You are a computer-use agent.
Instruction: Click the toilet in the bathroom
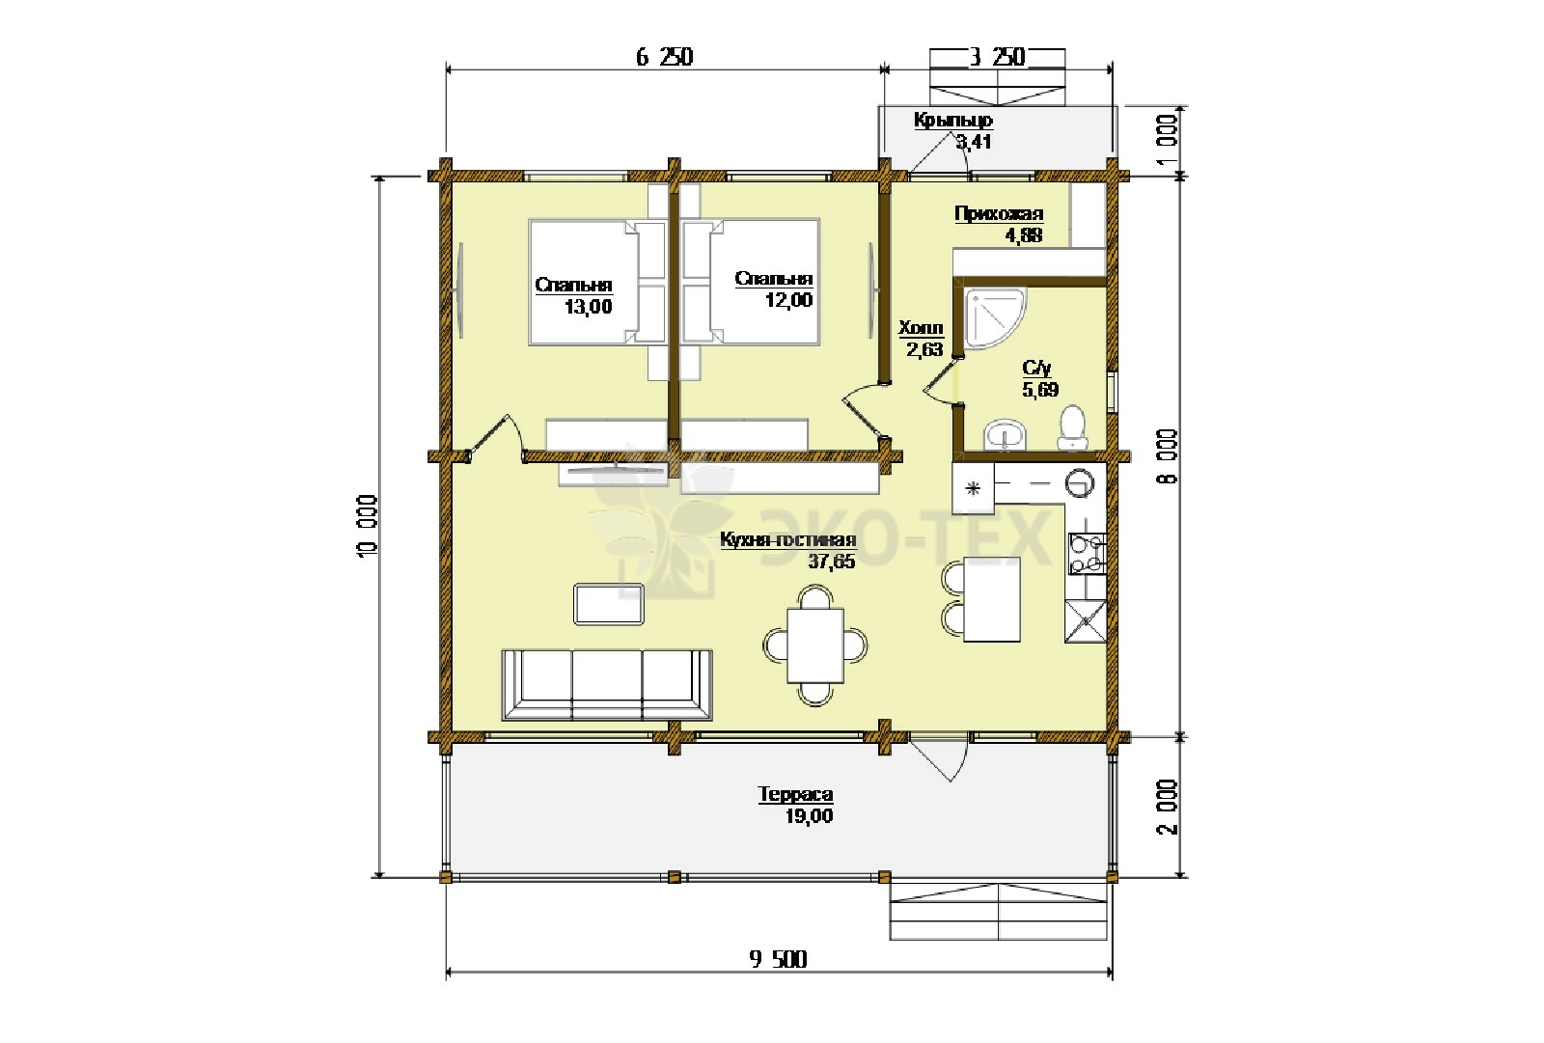[1072, 427]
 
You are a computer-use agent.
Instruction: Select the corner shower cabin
[995, 317]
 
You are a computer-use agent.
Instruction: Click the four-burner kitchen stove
[1087, 554]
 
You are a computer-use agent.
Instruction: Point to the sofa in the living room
[607, 684]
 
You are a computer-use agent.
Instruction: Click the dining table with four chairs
[815, 645]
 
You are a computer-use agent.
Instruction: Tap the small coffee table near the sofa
[609, 604]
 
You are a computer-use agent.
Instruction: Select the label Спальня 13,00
[573, 296]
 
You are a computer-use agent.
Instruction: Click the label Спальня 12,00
[774, 288]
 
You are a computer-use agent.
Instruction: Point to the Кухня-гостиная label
[787, 539]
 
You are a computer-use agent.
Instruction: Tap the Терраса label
[795, 794]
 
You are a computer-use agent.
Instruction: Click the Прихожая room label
[999, 213]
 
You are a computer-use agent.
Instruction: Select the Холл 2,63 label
[921, 339]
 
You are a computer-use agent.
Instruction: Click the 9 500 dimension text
[778, 959]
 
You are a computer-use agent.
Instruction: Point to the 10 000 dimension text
[368, 526]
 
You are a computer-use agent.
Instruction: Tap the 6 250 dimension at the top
[665, 57]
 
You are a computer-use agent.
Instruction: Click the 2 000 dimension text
[1167, 807]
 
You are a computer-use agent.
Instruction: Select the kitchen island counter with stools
[980, 599]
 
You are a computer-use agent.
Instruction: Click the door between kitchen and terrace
[939, 758]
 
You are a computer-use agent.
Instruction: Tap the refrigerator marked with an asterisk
[973, 488]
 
